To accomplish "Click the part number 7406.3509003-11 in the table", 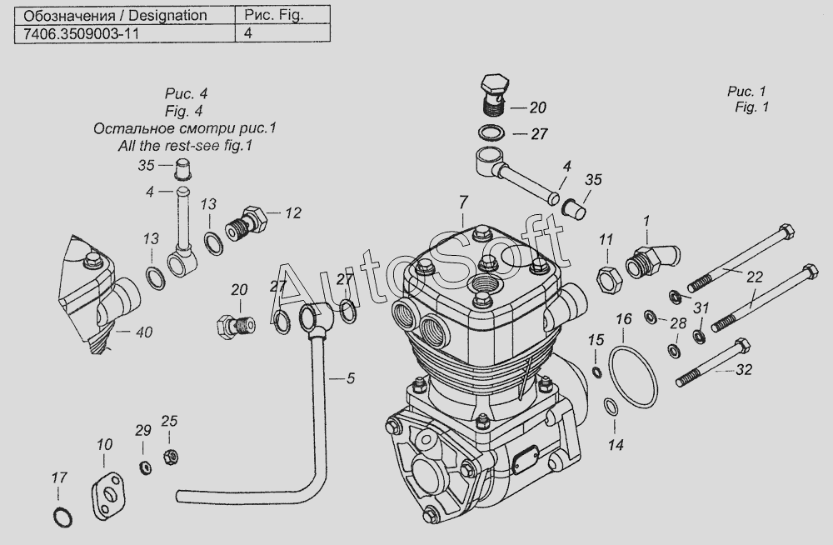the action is click(81, 34).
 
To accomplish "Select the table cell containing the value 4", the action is click(282, 33).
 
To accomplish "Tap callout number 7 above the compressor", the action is click(463, 202).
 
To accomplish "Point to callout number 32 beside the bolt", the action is click(744, 369).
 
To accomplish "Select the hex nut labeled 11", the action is click(610, 278).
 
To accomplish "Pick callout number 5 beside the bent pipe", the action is click(350, 378).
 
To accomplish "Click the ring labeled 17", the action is click(62, 517).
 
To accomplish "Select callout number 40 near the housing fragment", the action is click(144, 332).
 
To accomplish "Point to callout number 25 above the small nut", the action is click(169, 421).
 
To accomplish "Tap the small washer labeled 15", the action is click(597, 371).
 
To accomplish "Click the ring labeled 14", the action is click(611, 407).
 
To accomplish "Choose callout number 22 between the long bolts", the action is click(755, 277).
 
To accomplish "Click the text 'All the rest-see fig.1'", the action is click(185, 145).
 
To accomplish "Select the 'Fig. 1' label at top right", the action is click(751, 107).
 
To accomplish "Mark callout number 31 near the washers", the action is click(701, 307).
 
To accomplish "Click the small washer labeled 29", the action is click(145, 467).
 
